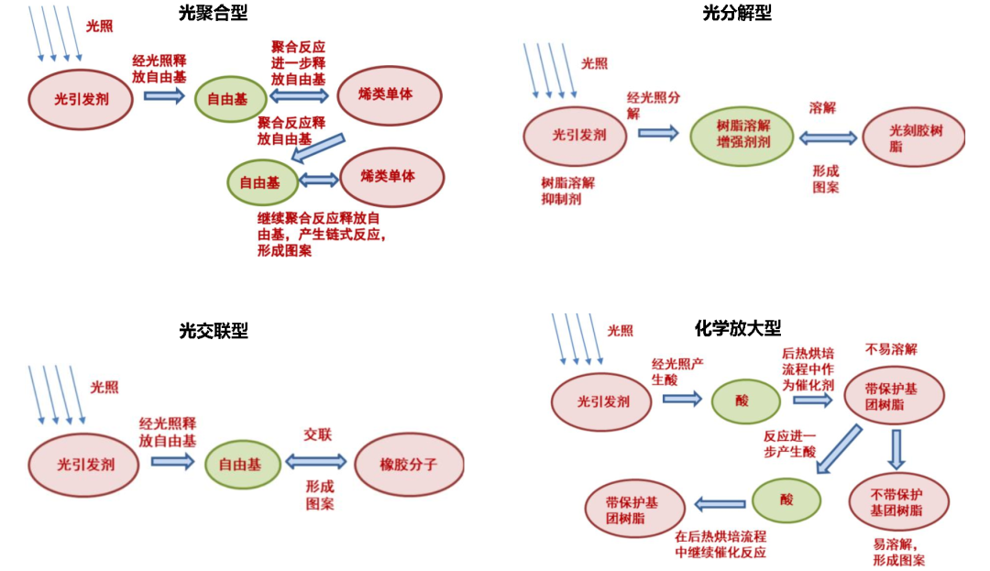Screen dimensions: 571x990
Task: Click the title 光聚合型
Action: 213,12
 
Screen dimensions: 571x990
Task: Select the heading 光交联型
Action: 214,330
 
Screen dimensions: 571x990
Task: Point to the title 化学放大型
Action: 738,327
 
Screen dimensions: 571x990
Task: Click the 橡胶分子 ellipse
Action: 409,465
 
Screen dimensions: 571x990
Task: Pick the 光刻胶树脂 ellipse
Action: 915,138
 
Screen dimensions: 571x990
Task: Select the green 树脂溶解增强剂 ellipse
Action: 742,136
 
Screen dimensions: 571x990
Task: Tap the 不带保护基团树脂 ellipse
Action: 896,502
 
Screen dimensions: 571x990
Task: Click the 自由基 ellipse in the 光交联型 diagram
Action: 240,465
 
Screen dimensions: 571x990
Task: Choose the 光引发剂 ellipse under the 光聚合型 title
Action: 82,98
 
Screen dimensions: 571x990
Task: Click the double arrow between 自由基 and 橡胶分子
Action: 315,463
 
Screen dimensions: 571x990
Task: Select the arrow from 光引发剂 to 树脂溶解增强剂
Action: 657,133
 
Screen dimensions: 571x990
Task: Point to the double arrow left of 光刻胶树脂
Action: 828,138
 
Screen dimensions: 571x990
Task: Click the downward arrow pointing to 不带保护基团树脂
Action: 896,449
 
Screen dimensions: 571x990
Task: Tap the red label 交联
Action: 317,433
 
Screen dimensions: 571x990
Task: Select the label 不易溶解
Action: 891,349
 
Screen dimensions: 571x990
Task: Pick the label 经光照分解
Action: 654,105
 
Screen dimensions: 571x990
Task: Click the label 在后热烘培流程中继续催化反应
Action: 720,544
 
